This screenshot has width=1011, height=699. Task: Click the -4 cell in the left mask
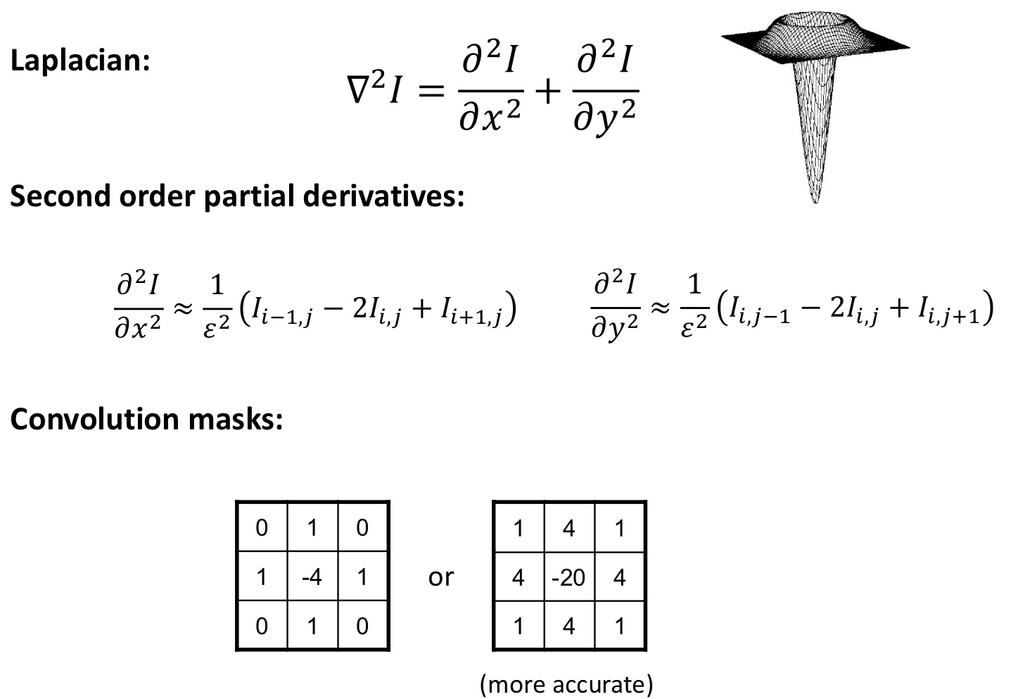[312, 577]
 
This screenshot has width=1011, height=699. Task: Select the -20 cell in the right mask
[568, 577]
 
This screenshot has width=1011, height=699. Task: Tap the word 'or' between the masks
[441, 577]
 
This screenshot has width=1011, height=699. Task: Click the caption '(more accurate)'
[566, 684]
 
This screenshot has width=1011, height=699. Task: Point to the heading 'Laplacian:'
[80, 61]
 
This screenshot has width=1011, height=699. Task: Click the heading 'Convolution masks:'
[146, 419]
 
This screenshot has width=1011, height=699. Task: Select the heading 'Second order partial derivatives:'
[237, 196]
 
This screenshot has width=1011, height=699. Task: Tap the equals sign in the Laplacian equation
[428, 92]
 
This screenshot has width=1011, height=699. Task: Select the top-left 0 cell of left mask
[262, 527]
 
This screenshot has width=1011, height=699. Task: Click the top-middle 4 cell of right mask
[568, 527]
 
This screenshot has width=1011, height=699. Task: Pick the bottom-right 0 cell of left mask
[362, 626]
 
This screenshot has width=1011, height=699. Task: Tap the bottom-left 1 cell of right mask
[519, 626]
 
